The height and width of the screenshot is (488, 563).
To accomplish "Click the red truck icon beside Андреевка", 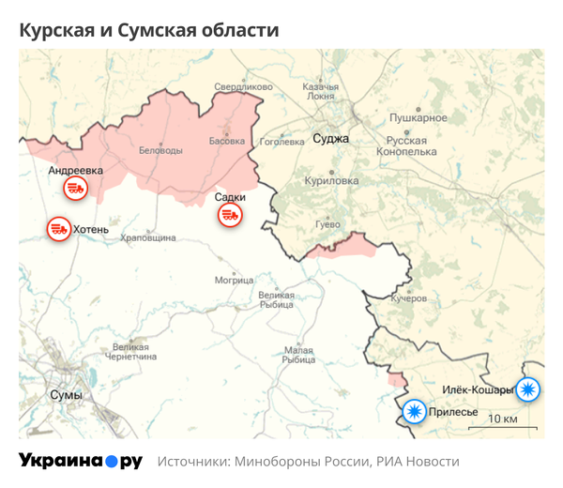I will coord(75,190).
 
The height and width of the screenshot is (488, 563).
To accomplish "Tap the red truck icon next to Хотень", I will coord(59,228).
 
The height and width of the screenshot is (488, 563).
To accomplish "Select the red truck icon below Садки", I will coord(230,216).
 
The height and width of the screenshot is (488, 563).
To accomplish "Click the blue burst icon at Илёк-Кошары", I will coord(528,389).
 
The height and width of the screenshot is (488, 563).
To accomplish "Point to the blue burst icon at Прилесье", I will coord(412,411).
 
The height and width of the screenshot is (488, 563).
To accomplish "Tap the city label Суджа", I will coord(331,139).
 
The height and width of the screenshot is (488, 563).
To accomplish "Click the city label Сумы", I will coord(66,395).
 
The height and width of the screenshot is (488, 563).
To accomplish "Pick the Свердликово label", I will coord(243,87).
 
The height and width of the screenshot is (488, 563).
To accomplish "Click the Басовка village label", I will coord(225,142).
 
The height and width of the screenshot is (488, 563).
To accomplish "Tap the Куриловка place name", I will coord(331,180).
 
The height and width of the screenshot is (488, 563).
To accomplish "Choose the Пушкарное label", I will coord(418,118).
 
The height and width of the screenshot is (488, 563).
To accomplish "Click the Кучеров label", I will coord(408,297).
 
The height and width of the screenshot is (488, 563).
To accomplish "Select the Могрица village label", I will coord(234,280).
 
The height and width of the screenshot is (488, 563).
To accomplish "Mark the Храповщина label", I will coord(148,238).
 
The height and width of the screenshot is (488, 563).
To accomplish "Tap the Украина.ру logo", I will coord(81,462).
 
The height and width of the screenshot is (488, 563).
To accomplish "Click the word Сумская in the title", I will coord(153,30).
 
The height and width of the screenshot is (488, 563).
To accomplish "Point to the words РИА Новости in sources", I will coord(418,462).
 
